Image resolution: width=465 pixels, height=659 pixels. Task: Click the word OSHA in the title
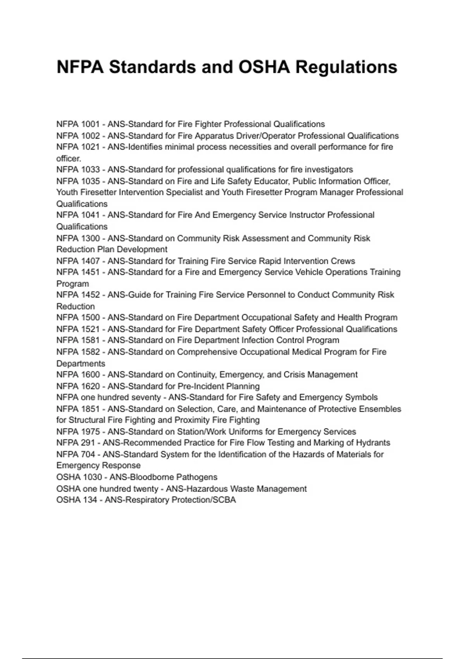(263, 67)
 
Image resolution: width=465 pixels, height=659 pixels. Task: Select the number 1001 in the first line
(90, 124)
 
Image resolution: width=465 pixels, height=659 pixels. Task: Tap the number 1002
(90, 136)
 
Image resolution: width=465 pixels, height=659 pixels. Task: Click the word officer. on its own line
(69, 159)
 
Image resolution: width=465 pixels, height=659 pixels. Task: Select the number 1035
(90, 181)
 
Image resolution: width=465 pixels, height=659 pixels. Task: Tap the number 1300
(90, 238)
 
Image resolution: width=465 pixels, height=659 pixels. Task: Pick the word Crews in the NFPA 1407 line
(343, 261)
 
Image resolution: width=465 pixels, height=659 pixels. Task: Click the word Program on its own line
(72, 284)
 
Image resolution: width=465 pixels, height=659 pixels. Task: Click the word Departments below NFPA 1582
(81, 364)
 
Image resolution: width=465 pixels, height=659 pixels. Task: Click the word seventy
(146, 397)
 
